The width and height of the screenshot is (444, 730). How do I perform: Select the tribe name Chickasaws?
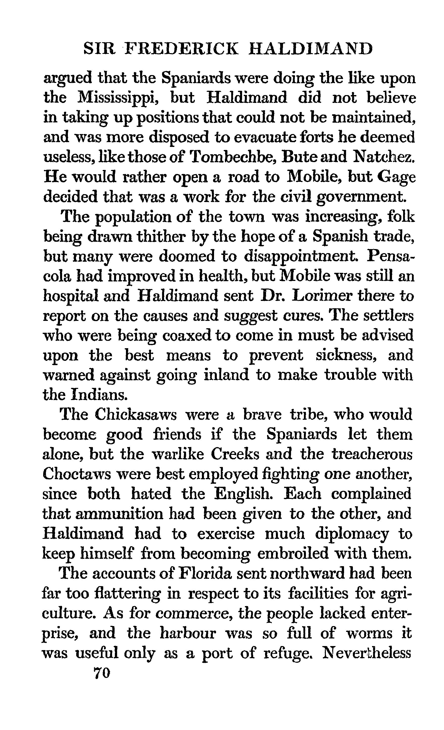[x=136, y=414]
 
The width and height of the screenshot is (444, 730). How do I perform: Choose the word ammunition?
[x=119, y=514]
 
